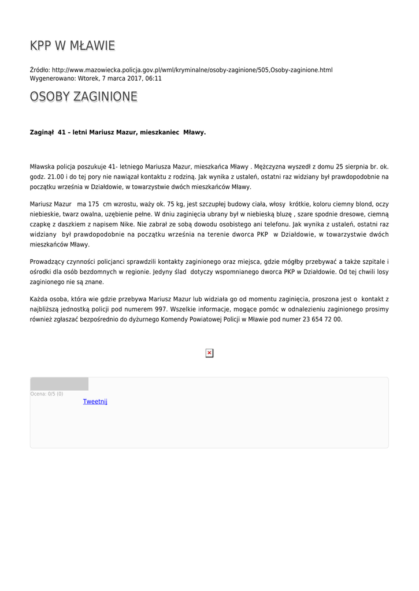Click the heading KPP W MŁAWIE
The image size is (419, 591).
[72, 45]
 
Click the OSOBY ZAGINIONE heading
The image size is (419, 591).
[84, 96]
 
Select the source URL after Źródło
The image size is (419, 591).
[192, 70]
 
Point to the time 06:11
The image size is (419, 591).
[153, 78]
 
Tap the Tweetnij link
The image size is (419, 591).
[95, 402]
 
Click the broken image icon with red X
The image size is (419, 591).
[209, 353]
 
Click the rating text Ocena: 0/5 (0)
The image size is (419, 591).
[47, 394]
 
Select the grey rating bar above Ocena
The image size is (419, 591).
[59, 384]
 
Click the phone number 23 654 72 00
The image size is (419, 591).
[322, 319]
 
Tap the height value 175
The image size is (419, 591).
[94, 204]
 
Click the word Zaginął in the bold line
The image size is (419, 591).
[41, 132]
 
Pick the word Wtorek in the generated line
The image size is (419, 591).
[88, 78]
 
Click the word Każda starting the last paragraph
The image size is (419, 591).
[39, 300]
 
